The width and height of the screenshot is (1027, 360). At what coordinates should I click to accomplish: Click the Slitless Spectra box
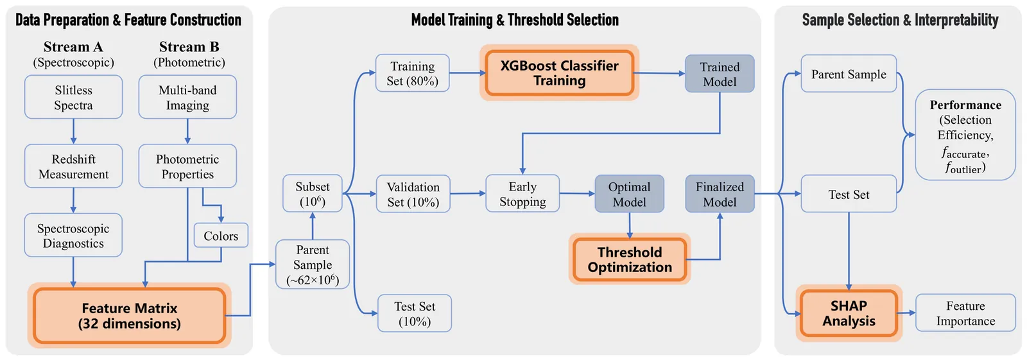tap(73, 98)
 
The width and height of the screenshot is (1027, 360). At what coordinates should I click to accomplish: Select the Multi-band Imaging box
tap(187, 98)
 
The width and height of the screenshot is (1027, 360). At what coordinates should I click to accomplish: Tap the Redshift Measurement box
tap(73, 166)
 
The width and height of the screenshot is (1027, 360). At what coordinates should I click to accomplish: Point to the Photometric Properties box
tap(187, 166)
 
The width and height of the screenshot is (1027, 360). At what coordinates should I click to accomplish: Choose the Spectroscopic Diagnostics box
tap(73, 236)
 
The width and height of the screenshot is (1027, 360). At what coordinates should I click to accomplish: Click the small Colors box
tap(221, 236)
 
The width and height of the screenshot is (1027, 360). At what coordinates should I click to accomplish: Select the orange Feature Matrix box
tap(130, 316)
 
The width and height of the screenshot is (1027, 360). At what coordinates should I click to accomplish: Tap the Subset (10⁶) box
tap(313, 194)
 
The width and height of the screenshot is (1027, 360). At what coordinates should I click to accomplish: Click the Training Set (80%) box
tap(412, 73)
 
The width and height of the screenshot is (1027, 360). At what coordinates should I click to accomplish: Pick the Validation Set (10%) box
tap(413, 194)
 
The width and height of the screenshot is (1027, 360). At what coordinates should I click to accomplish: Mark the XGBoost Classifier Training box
tap(559, 73)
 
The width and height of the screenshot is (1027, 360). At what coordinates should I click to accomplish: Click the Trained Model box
tap(720, 74)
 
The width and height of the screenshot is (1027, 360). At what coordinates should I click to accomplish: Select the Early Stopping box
tap(522, 194)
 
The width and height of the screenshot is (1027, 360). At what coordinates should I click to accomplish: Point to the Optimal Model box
tap(629, 194)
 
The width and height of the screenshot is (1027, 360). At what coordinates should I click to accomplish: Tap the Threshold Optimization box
tap(629, 259)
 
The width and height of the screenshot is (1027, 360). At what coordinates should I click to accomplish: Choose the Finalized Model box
tap(720, 194)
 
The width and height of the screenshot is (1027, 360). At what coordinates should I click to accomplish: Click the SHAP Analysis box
tap(849, 313)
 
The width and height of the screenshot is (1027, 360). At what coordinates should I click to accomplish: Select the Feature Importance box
tap(965, 313)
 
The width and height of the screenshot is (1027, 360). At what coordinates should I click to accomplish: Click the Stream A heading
tap(73, 47)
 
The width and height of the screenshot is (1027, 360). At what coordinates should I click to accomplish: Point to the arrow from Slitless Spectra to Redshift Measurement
tap(73, 131)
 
